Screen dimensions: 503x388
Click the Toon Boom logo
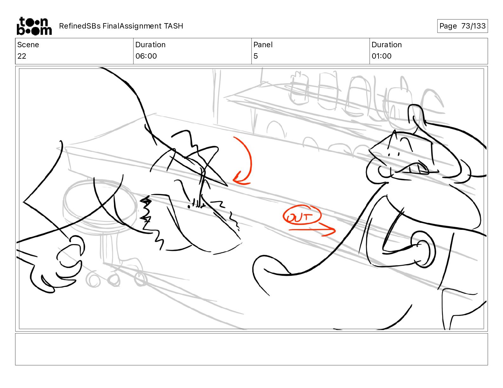(x=34, y=26)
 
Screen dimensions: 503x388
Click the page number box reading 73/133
(x=462, y=26)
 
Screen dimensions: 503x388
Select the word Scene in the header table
(x=28, y=45)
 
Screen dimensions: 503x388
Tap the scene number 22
(x=22, y=56)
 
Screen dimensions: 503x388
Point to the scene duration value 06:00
(x=146, y=56)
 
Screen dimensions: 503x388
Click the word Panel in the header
(x=263, y=45)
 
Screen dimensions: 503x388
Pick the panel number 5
(x=256, y=56)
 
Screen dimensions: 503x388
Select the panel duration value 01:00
(x=381, y=56)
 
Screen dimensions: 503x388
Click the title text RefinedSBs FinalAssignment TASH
(x=121, y=26)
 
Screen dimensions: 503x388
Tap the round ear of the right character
(x=423, y=249)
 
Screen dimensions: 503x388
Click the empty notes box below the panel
(x=251, y=349)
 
